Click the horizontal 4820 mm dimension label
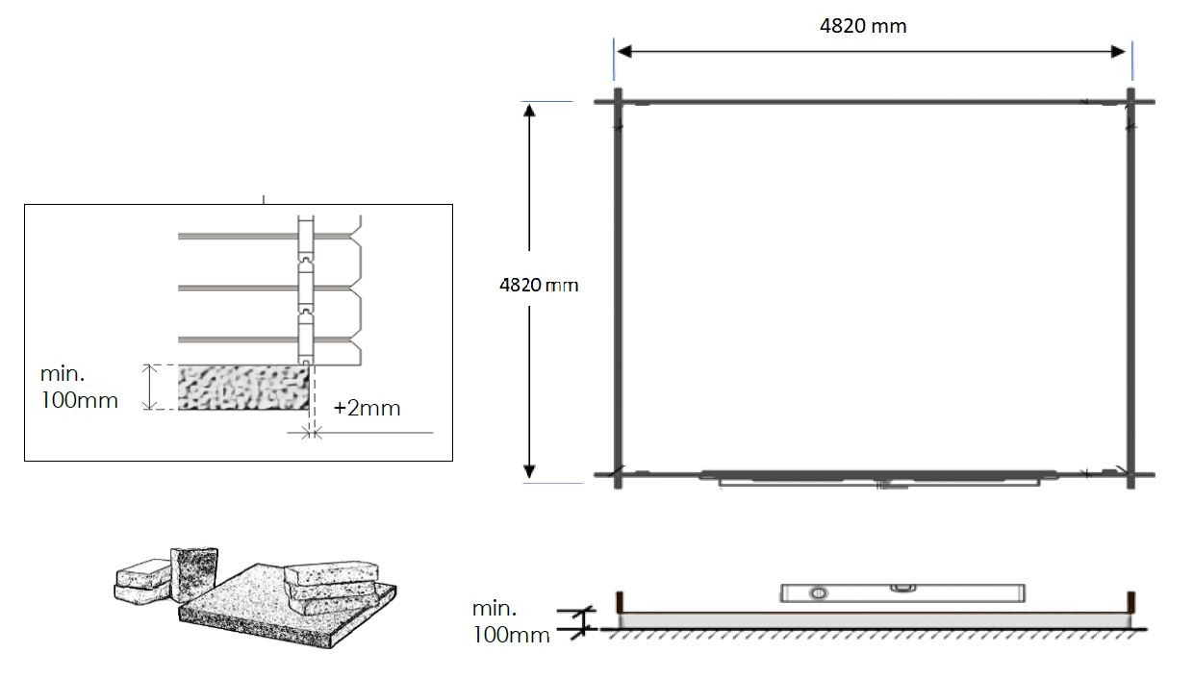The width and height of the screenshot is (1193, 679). pos(863,26)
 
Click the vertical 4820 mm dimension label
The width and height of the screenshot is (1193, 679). pos(539,285)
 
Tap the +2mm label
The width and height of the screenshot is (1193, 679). pos(367,408)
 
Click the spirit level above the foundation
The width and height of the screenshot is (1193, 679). pos(902,592)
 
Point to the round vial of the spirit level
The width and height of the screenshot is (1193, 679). pos(818,592)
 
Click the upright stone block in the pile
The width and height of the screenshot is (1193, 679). pos(194,574)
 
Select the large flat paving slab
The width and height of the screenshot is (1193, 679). pos(288,607)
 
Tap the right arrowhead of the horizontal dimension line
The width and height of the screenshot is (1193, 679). pos(1118,52)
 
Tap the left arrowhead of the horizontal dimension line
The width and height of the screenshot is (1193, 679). pos(624,52)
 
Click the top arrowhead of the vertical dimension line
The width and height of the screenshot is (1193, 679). pos(529,111)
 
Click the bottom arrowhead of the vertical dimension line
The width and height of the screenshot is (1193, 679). pos(529,471)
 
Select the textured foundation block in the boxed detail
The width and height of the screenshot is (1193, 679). pos(243,388)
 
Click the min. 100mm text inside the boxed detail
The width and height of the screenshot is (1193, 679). pos(79,388)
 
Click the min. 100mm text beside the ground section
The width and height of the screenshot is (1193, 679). pos(511,621)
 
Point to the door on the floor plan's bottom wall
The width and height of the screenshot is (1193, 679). pos(878,478)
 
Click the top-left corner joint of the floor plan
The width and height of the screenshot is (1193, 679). pos(618,102)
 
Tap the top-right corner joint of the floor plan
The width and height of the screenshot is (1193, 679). pos(1130,102)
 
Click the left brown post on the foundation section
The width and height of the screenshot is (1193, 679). pos(620,602)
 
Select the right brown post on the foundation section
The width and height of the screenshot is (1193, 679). pos(1131,602)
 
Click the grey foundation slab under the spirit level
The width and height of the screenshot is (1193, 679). pos(875,621)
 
